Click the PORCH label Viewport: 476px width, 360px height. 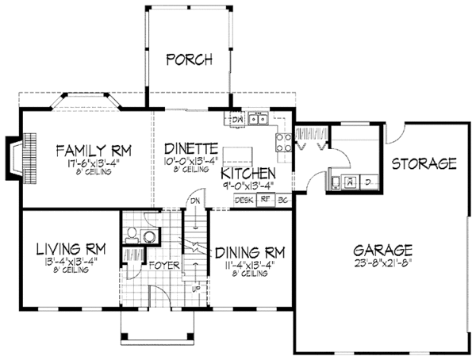click(x=190, y=59)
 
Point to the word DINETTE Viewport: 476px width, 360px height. click(x=190, y=148)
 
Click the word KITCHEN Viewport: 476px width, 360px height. click(x=248, y=174)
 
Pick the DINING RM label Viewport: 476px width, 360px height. click(x=250, y=253)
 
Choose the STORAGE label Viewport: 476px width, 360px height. click(x=425, y=164)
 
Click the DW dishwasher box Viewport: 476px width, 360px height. click(x=236, y=120)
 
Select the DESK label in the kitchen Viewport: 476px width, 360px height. click(x=243, y=201)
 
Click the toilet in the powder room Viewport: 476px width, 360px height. click(x=134, y=235)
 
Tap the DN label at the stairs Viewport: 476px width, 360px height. click(x=195, y=201)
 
